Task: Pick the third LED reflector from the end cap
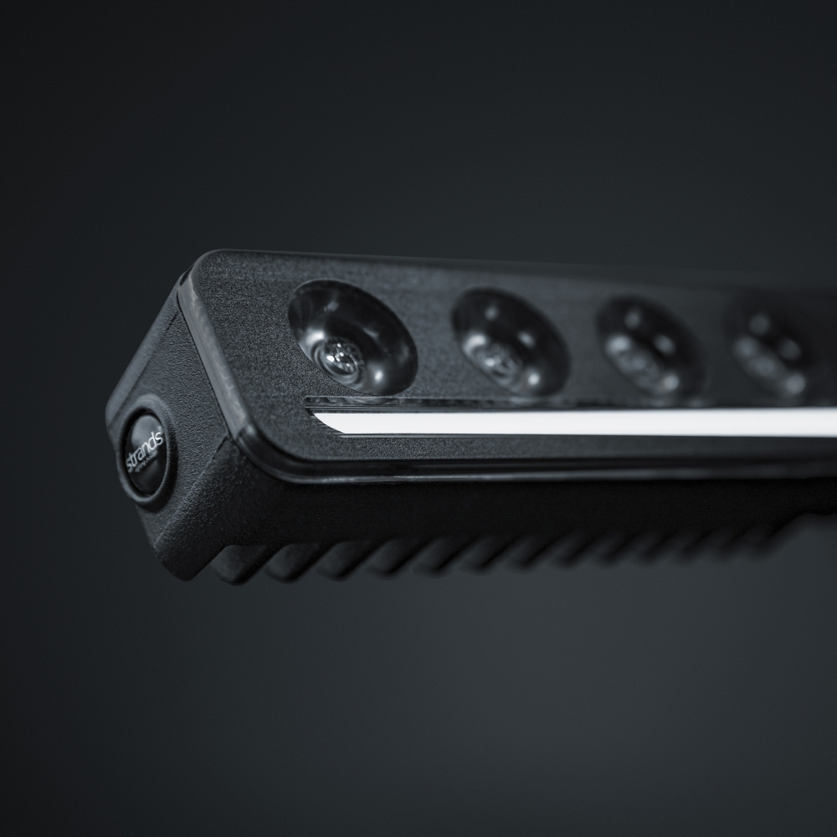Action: pyautogui.click(x=649, y=347)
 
